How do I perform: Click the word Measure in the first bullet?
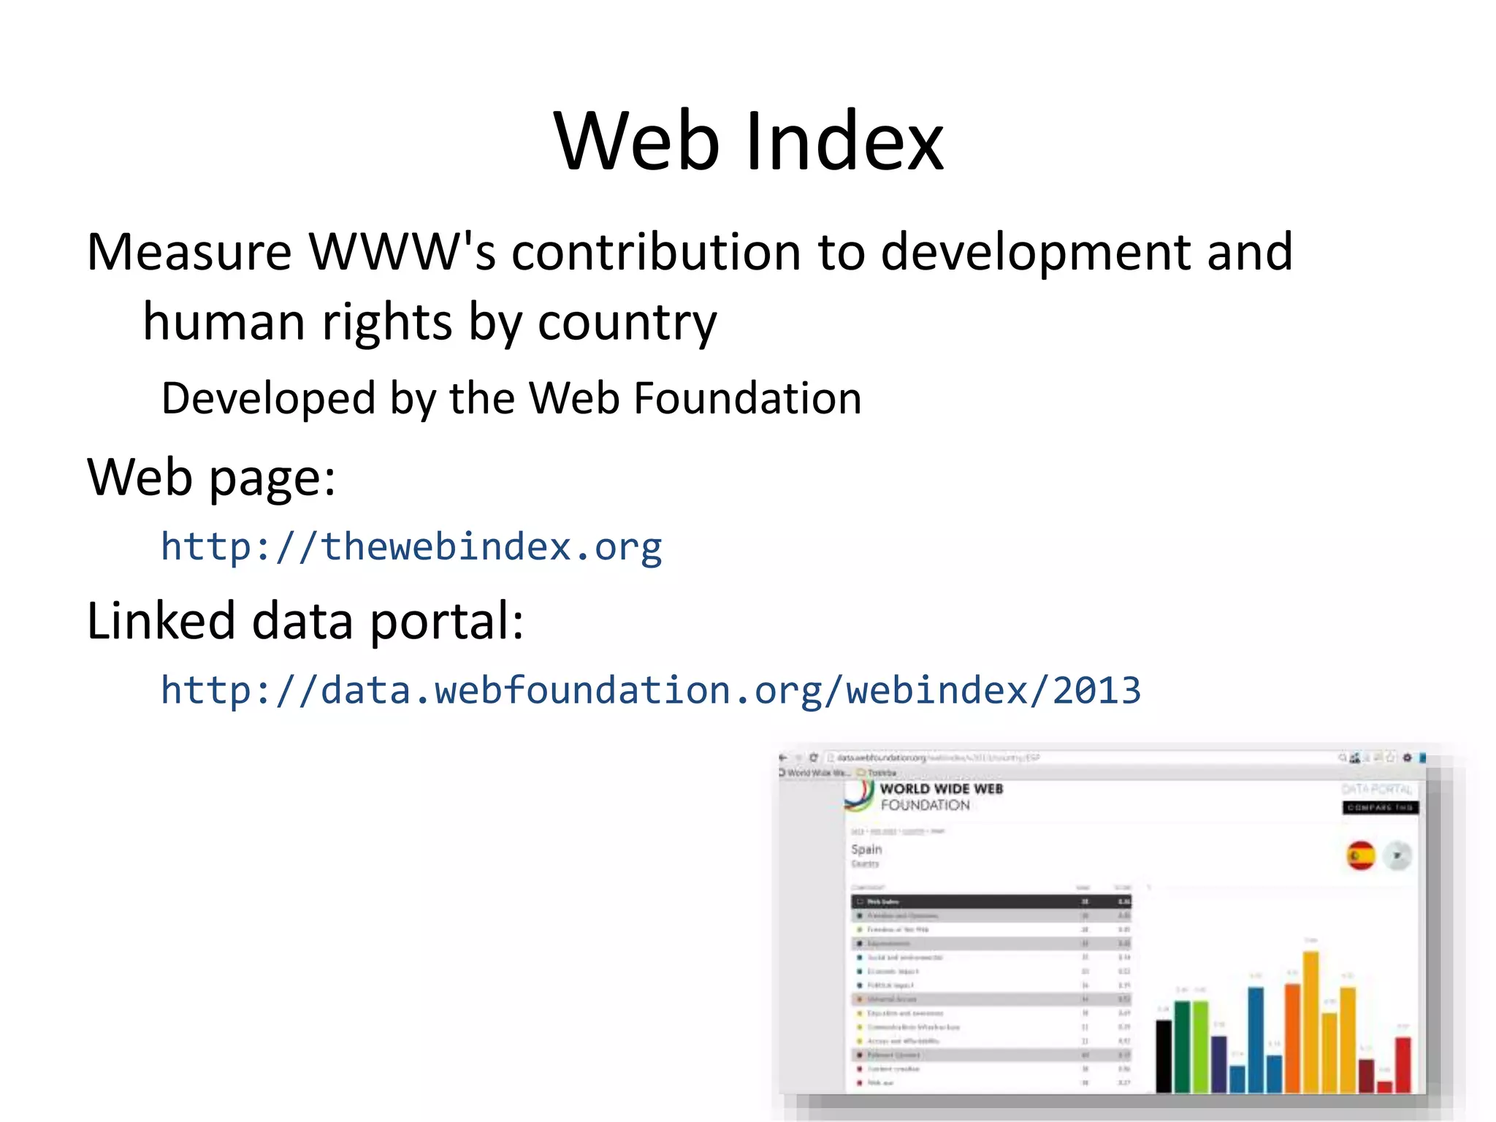(x=189, y=252)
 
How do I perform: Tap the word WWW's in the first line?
(x=402, y=252)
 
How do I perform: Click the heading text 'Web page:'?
(x=211, y=478)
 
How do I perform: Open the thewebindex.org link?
(x=411, y=546)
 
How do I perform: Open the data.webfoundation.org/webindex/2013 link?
(x=650, y=690)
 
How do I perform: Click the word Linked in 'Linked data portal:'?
(x=161, y=621)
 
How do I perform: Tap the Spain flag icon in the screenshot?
(x=1360, y=855)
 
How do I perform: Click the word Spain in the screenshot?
(x=866, y=850)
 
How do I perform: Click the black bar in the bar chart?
(x=1164, y=1056)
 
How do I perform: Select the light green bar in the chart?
(x=1200, y=1046)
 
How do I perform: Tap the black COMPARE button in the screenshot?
(x=1380, y=807)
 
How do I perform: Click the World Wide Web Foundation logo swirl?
(x=860, y=796)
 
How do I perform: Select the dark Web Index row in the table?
(x=991, y=901)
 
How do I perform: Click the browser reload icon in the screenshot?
(x=813, y=757)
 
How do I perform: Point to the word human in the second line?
(x=224, y=323)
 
